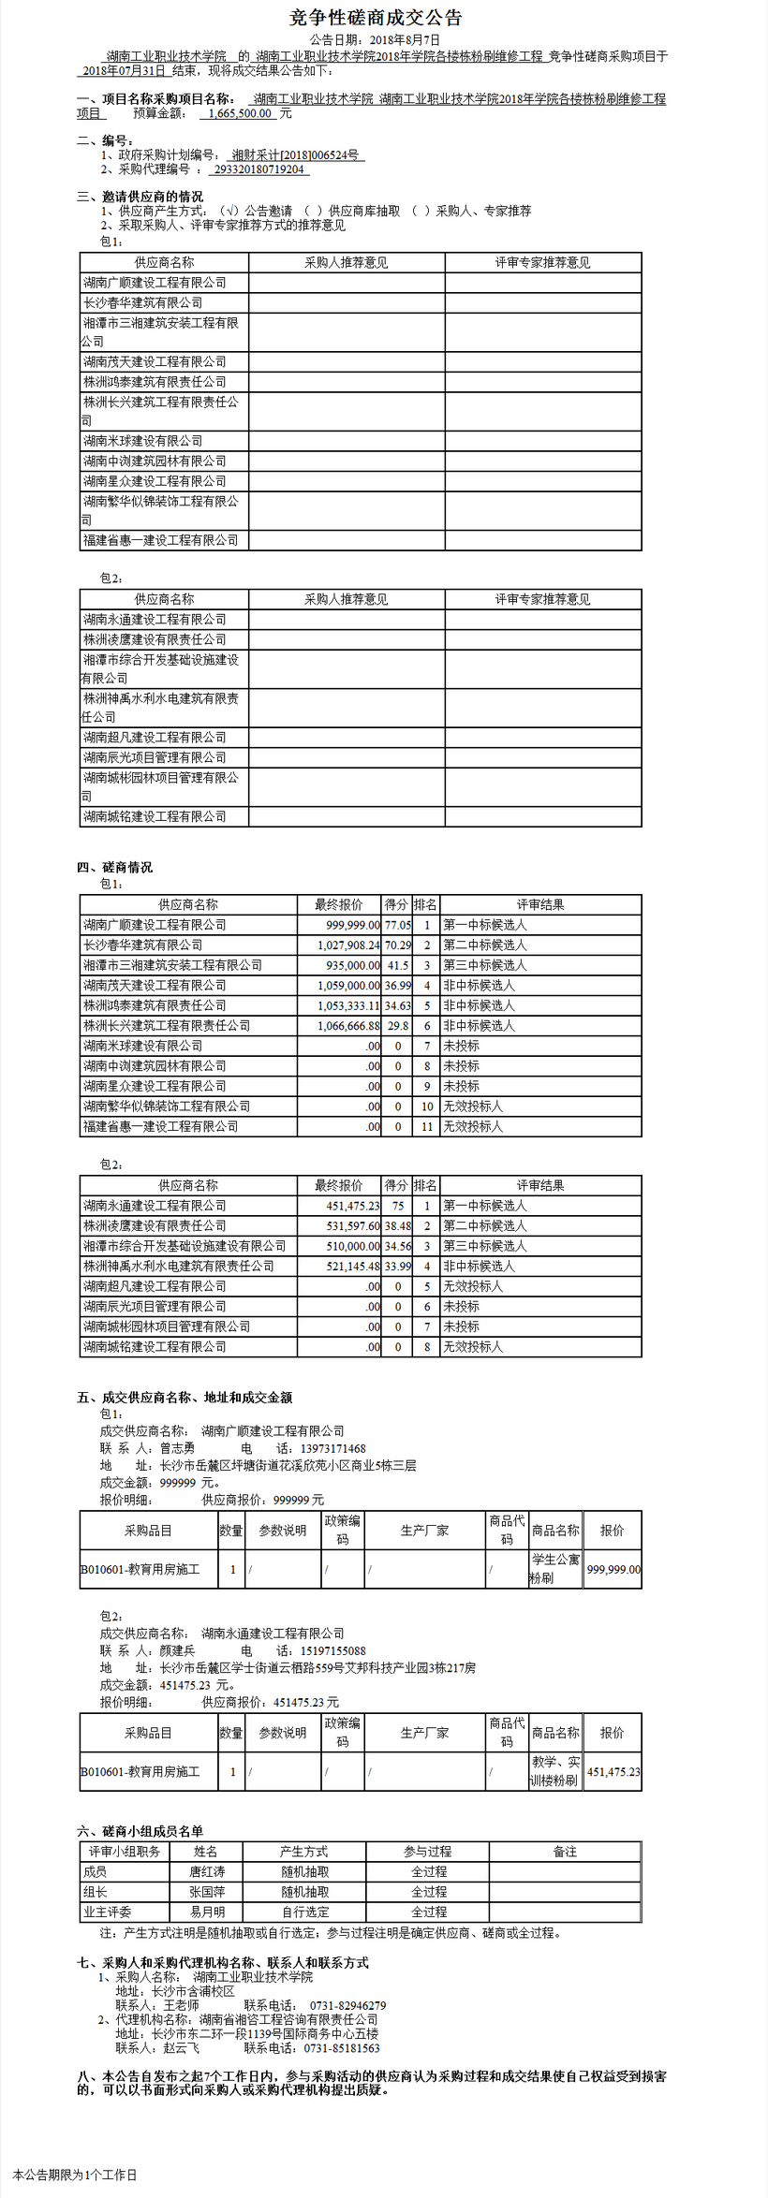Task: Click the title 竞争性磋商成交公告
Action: [x=376, y=18]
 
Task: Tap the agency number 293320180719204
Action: [x=258, y=169]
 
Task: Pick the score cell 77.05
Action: [x=398, y=925]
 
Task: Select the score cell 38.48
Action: [x=398, y=1226]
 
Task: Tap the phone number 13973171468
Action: [x=332, y=1448]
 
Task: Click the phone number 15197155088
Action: [x=332, y=1650]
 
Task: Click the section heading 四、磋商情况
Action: [x=114, y=868]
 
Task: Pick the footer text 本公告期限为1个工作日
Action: [x=75, y=2175]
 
